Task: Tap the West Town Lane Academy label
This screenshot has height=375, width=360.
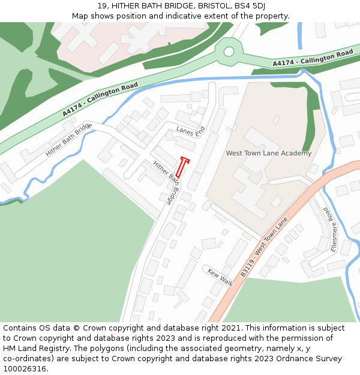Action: click(x=268, y=153)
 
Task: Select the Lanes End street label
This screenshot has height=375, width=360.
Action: click(x=191, y=130)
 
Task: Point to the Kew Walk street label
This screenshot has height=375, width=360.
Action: click(x=220, y=277)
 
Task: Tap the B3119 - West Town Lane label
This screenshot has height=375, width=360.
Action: click(x=264, y=247)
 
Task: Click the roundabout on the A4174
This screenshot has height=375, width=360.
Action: click(x=229, y=51)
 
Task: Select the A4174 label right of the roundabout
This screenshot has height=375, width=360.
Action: click(x=313, y=58)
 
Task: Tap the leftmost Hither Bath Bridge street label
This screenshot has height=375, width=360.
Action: click(x=68, y=139)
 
